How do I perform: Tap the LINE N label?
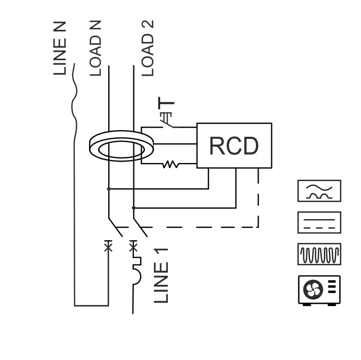[x=60, y=48]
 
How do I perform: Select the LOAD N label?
[x=95, y=48]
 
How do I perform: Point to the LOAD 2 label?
[x=148, y=48]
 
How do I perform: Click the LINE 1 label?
[x=161, y=276]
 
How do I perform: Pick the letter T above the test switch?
[x=166, y=103]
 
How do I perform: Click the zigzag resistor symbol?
[x=170, y=164]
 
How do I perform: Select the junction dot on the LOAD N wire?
[x=109, y=189]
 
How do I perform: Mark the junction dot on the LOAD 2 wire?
[x=134, y=208]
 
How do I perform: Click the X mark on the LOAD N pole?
[x=108, y=247]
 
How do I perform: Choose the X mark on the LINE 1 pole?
[x=133, y=247]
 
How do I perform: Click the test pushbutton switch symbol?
[x=167, y=120]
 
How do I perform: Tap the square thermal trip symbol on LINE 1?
[x=137, y=261]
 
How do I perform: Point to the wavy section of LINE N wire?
[x=75, y=101]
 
